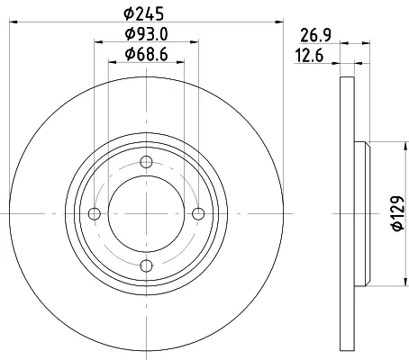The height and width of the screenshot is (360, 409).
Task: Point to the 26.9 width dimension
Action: (x=314, y=38)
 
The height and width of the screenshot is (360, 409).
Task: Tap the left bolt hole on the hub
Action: (x=95, y=212)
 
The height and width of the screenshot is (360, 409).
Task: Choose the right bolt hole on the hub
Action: (x=197, y=212)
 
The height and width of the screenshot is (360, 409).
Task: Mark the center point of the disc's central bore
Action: (x=146, y=212)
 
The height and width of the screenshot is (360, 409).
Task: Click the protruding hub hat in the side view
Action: (x=363, y=212)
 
